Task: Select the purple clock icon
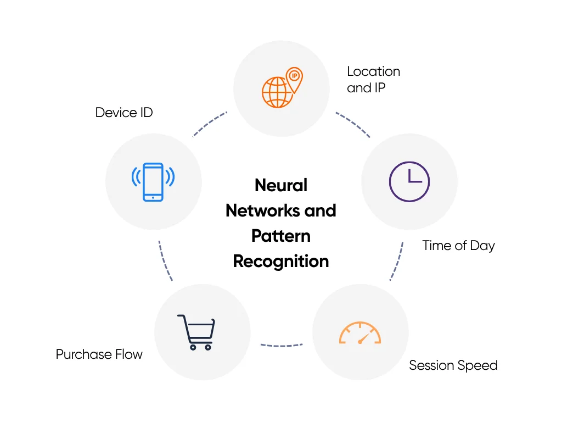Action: click(409, 181)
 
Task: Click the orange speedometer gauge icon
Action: click(360, 333)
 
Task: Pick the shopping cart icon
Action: click(196, 332)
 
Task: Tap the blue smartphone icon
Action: click(153, 182)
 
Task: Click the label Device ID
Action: click(124, 113)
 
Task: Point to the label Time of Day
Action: click(458, 246)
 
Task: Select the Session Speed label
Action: click(453, 365)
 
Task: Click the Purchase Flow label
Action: click(99, 354)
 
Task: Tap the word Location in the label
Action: click(373, 71)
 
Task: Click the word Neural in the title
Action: click(281, 185)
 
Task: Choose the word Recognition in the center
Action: click(281, 261)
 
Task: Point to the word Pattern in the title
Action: click(281, 236)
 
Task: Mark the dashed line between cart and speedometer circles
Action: click(281, 346)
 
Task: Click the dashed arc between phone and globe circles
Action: click(209, 124)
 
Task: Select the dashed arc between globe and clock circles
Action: click(353, 124)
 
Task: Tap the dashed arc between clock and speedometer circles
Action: click(397, 261)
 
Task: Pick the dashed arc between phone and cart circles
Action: click(164, 262)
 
